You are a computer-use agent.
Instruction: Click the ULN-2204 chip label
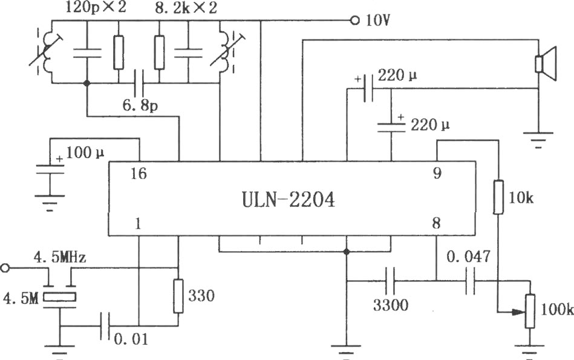(x=288, y=200)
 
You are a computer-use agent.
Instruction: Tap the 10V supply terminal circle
(x=354, y=21)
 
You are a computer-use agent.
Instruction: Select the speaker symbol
(x=546, y=64)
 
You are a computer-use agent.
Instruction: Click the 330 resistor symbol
(x=178, y=296)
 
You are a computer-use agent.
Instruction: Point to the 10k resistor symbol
(x=498, y=197)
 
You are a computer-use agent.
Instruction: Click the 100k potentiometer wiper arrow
(x=518, y=312)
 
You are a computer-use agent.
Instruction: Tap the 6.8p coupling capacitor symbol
(x=139, y=83)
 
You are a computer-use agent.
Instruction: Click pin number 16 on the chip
(x=139, y=174)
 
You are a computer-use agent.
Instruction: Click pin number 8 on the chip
(x=436, y=223)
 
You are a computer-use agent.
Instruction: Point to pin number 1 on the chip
(x=138, y=224)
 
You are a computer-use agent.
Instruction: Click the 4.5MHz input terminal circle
(x=4, y=268)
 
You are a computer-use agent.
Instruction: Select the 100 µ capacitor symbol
(x=50, y=169)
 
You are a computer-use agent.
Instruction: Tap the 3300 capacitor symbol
(x=390, y=281)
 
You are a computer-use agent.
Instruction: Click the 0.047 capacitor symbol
(x=471, y=281)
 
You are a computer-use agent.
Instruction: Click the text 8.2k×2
(x=186, y=8)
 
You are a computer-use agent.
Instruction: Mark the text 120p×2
(x=96, y=8)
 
